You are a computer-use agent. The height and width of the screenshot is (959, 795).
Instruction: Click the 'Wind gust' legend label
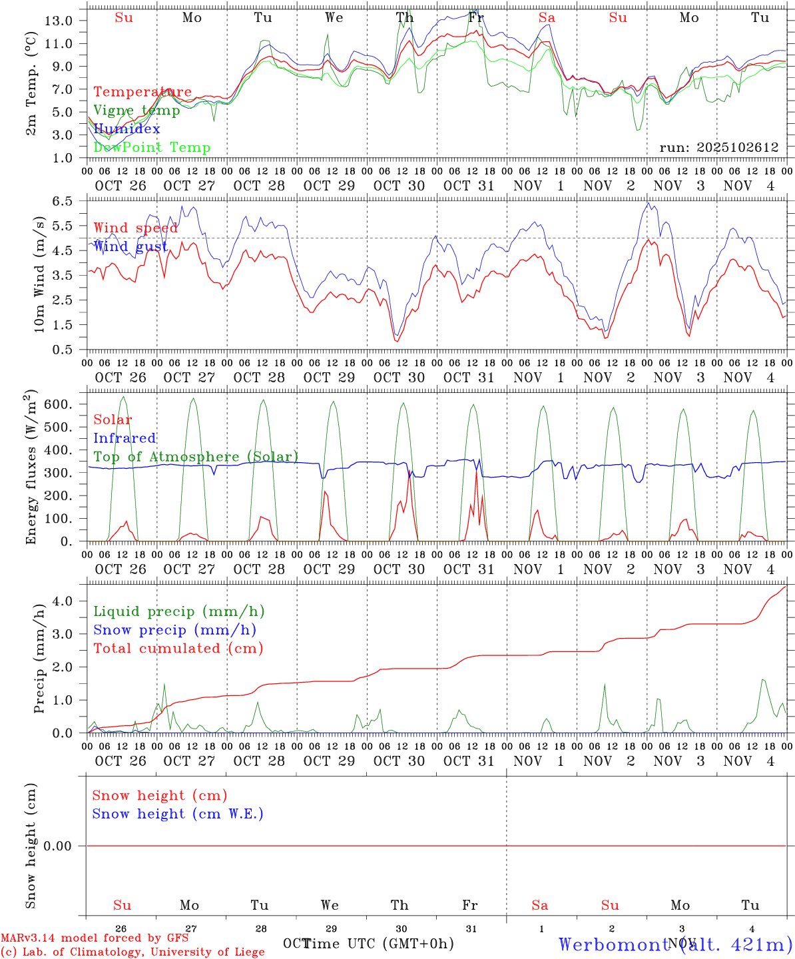[131, 246]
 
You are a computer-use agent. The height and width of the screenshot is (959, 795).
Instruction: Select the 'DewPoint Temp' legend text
[152, 148]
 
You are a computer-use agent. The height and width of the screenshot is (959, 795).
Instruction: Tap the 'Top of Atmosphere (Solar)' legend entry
[196, 457]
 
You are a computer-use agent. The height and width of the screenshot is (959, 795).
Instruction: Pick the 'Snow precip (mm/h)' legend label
[174, 630]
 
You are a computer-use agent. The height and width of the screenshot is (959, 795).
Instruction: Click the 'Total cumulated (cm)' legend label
[178, 649]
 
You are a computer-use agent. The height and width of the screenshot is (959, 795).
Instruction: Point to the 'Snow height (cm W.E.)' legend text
[178, 814]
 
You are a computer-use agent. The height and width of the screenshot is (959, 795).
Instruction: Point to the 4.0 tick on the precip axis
[64, 601]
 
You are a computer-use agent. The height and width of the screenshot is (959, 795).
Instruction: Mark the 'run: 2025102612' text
[718, 148]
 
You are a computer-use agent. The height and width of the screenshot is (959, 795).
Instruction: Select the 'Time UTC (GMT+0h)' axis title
[378, 944]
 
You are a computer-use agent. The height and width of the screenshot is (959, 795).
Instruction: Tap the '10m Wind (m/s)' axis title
[39, 274]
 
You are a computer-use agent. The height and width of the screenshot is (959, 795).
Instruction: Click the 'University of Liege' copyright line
[132, 952]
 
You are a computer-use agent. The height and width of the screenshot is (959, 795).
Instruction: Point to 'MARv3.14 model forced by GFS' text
[95, 938]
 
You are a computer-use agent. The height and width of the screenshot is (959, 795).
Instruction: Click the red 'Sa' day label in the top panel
[547, 18]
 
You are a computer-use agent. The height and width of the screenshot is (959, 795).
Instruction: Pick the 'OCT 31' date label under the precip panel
[469, 761]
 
